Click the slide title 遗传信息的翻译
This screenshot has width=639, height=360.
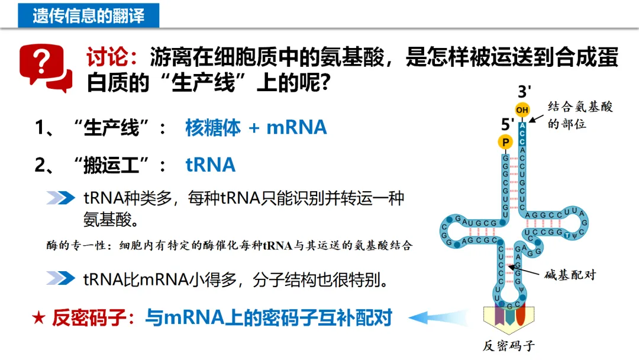click(89, 14)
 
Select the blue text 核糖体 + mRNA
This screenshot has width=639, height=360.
click(256, 127)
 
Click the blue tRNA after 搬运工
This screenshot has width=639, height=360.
click(211, 165)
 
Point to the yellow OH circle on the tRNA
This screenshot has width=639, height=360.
click(522, 110)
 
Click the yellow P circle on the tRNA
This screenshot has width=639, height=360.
click(505, 142)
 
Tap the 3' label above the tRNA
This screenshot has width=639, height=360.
click(524, 92)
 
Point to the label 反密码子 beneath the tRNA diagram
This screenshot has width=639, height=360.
click(509, 346)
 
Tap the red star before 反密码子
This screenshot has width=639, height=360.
click(38, 318)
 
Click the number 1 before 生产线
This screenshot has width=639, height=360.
click(41, 128)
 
